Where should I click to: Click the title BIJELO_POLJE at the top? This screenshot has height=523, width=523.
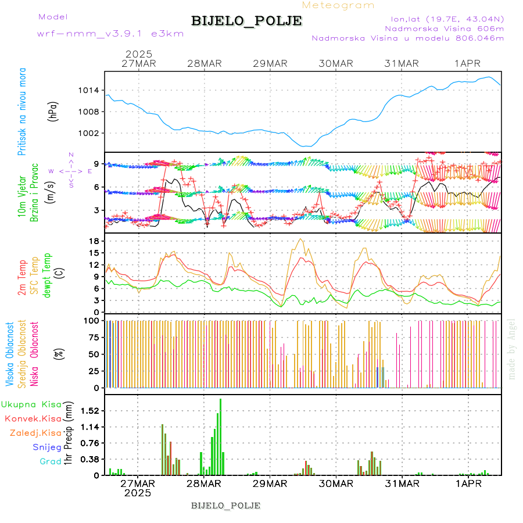tap(246, 21)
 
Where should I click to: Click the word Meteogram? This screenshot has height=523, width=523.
tap(338, 5)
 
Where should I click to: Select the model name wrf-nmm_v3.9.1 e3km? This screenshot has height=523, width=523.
tap(110, 34)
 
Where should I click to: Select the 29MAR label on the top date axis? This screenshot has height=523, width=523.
tap(270, 63)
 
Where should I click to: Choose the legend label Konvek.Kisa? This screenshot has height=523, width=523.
tap(33, 418)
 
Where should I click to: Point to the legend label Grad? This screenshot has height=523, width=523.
tap(51, 461)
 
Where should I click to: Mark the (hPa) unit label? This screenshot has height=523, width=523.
tap(53, 111)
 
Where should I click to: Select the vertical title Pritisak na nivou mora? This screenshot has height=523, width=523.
tap(22, 111)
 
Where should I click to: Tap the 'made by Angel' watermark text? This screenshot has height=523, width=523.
tap(512, 349)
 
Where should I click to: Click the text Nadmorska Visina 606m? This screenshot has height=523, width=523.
tap(445, 28)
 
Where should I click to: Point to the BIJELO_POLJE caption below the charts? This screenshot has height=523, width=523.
tap(225, 505)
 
